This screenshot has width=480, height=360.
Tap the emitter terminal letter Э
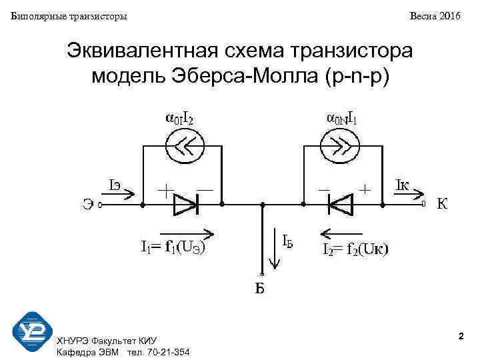point(87,205)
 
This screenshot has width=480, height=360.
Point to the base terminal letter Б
point(261,289)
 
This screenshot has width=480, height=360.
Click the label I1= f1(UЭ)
point(172,247)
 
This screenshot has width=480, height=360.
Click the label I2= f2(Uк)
point(357,249)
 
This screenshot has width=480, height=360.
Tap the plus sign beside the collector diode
point(365,189)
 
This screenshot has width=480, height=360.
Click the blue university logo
point(32,332)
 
